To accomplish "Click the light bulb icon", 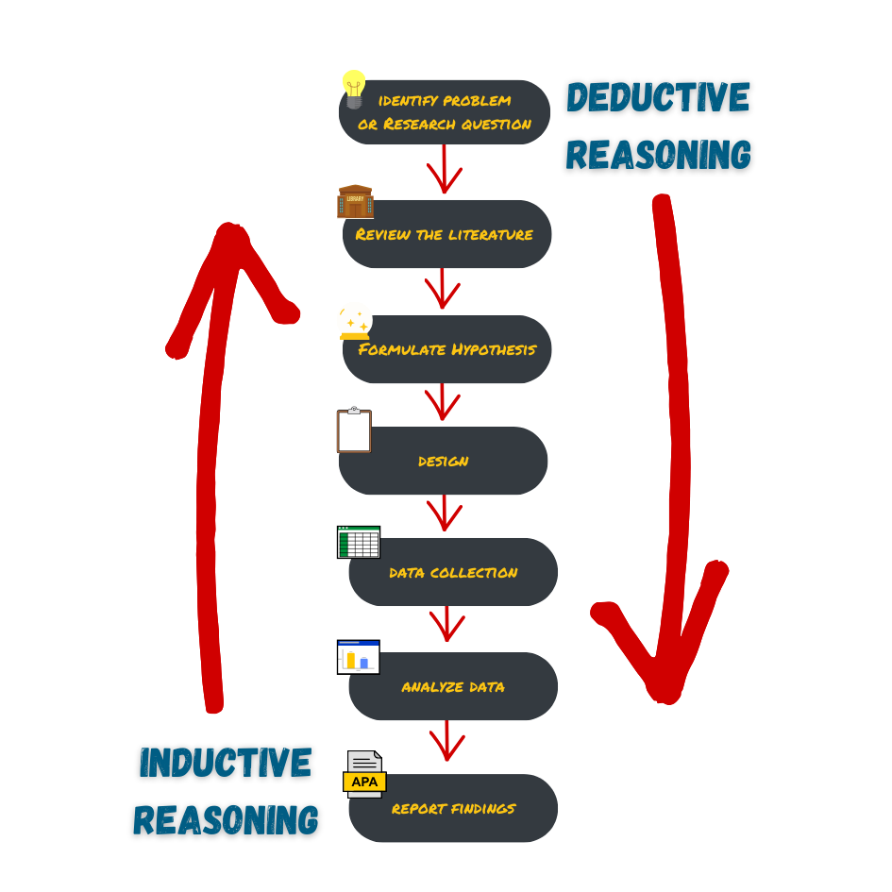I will click(354, 89).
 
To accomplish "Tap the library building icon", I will click(355, 201).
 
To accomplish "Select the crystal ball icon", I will click(354, 321).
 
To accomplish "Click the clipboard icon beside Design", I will click(354, 430).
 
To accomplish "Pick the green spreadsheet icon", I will click(359, 543).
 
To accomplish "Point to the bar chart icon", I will click(359, 657).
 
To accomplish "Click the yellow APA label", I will click(364, 783).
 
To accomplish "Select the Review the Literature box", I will click(446, 234).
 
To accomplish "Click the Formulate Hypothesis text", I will click(446, 349).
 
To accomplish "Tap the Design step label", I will click(444, 462).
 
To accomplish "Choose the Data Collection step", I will click(453, 572).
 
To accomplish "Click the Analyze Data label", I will click(453, 687).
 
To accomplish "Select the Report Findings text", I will click(453, 808).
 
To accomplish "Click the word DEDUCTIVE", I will click(658, 98).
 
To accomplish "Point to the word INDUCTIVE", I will click(225, 763).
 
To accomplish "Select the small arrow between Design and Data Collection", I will click(444, 514).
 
